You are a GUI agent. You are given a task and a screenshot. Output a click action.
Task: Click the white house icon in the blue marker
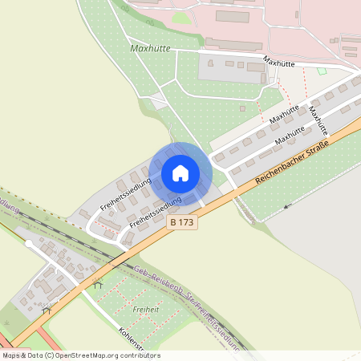pos(180,172)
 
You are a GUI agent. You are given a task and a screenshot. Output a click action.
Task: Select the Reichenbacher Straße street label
pos(293,163)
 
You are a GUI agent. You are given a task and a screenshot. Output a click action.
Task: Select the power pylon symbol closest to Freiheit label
pos(99,283)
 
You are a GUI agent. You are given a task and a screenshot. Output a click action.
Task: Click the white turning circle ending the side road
pos(29,242)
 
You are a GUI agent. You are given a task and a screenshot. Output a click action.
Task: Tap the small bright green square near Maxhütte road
pos(322,71)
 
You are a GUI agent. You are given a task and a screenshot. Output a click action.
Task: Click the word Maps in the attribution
pos(11,355)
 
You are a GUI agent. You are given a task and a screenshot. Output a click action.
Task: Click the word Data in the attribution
pos(37,355)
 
